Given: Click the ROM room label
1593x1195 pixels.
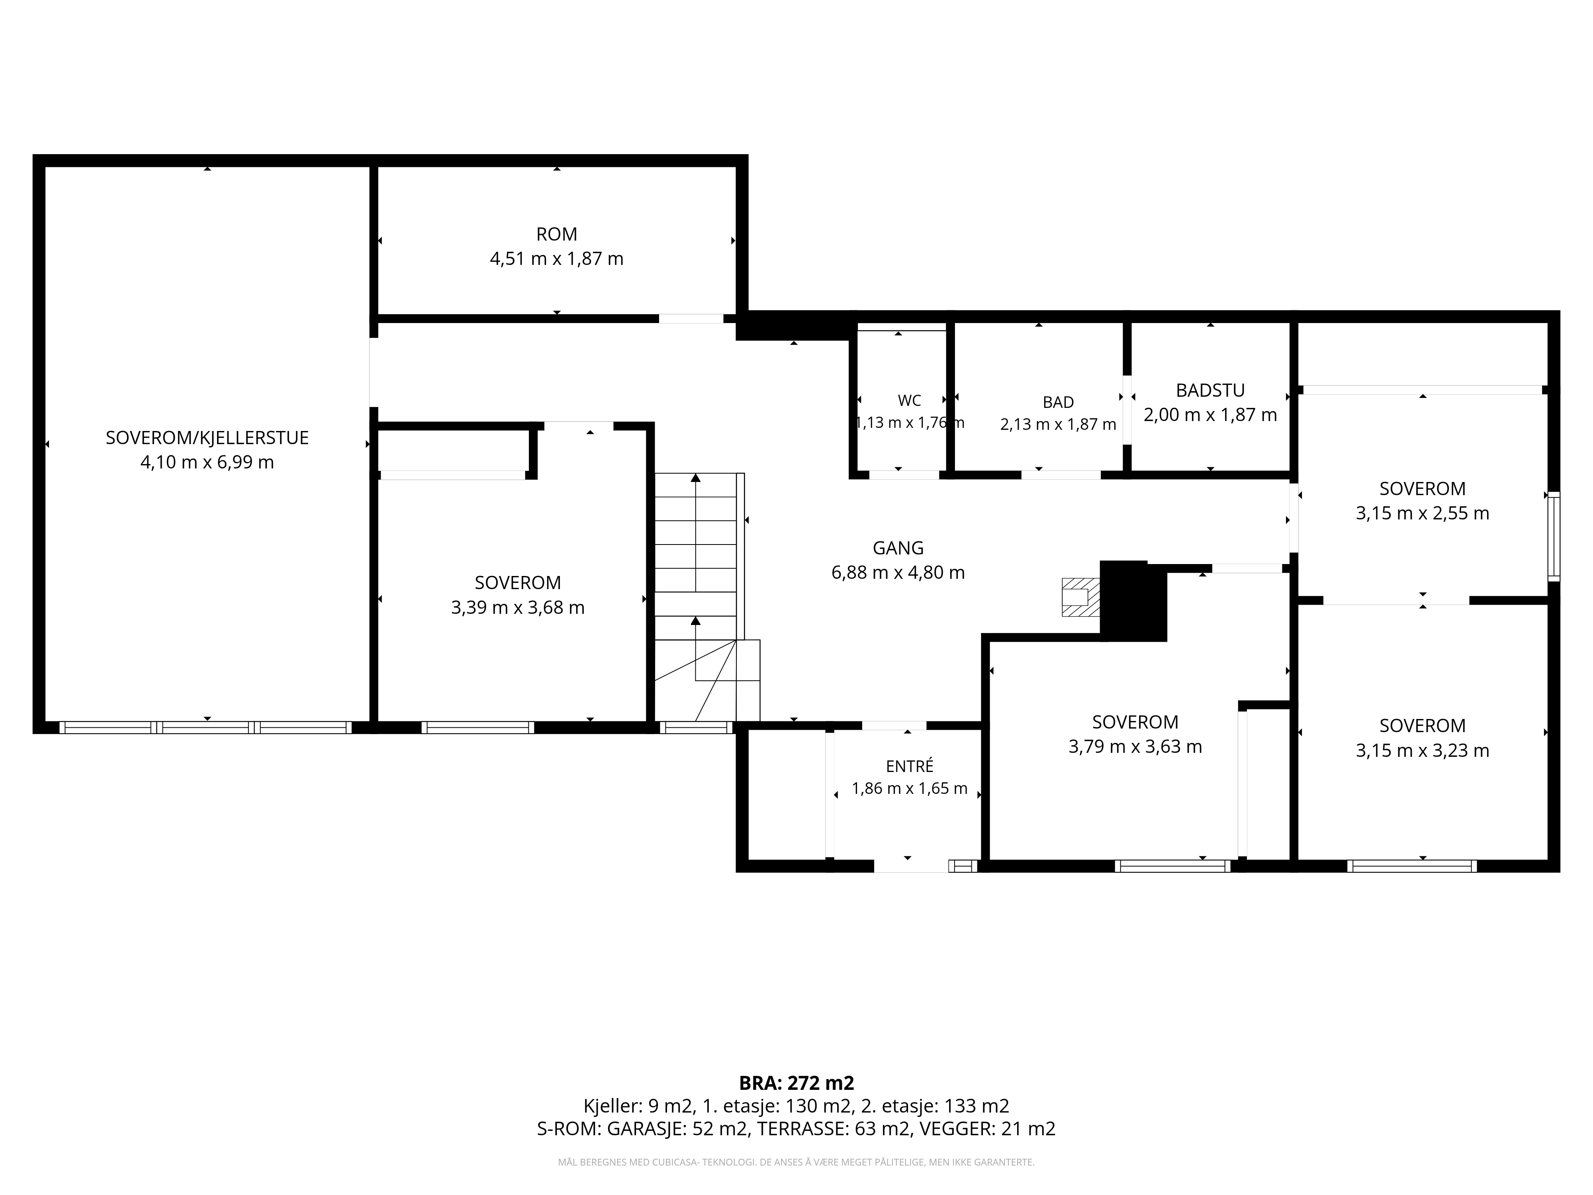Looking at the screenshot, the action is [557, 234].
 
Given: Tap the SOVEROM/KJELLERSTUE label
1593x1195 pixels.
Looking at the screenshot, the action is [207, 438].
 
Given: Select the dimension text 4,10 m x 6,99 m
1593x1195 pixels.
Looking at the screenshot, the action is [207, 462].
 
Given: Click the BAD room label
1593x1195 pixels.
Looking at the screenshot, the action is [1058, 402].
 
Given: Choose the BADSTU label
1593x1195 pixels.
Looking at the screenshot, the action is [1210, 390].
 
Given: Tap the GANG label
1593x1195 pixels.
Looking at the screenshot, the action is [898, 548].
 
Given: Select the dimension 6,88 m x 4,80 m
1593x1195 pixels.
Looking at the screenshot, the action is [898, 573].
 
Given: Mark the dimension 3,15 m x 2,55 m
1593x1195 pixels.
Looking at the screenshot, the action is [1422, 513].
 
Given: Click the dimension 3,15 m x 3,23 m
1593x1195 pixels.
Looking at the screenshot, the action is [1422, 750].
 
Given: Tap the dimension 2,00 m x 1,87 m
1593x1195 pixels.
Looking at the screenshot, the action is [1210, 415].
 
